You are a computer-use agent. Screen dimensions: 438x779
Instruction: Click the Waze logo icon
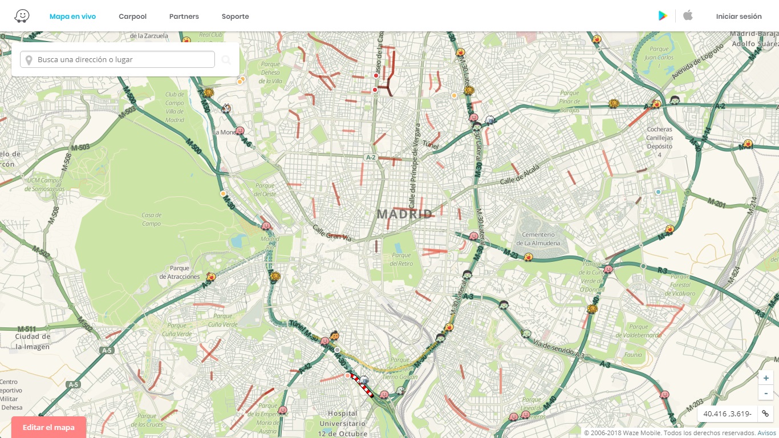tap(22, 16)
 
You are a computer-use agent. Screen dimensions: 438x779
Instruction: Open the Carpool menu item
tap(132, 17)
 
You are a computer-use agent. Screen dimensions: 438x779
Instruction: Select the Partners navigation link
tap(184, 17)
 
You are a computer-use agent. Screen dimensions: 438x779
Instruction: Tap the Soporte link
tap(235, 17)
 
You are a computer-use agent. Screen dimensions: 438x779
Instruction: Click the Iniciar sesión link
tap(739, 17)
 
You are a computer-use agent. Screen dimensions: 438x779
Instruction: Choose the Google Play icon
tap(663, 16)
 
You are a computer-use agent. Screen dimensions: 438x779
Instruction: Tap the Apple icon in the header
tap(688, 15)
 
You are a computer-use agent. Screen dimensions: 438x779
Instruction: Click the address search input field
tap(117, 59)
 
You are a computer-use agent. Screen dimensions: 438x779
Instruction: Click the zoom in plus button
tap(766, 378)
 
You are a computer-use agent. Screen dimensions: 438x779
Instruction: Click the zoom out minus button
tap(766, 393)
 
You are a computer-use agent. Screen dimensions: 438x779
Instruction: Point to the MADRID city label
tap(404, 214)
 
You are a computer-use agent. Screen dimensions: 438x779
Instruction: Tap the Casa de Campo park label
tap(151, 219)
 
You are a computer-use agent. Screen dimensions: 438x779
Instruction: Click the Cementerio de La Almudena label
tap(538, 239)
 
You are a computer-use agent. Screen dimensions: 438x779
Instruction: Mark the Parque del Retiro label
tap(401, 259)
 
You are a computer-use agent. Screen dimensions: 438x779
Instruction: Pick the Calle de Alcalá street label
tap(520, 173)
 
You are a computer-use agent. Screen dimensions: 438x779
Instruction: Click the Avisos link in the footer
tap(766, 433)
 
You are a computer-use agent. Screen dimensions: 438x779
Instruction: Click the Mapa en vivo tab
tap(72, 17)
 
